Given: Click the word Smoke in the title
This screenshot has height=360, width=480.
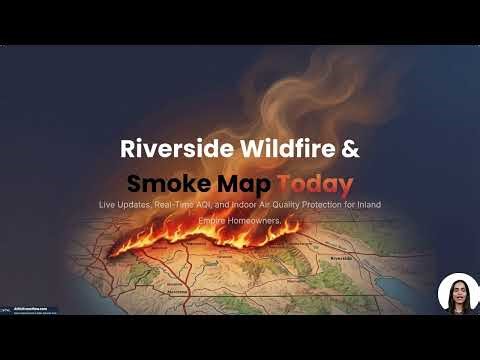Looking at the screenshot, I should tap(163, 184).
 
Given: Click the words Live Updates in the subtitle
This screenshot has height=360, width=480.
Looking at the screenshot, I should tap(125, 205).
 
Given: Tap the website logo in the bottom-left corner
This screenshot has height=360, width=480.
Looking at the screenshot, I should tap(30, 310).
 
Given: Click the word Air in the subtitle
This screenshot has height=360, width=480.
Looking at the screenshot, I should tap(264, 205).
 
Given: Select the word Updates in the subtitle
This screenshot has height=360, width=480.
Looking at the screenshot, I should tap(135, 205).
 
